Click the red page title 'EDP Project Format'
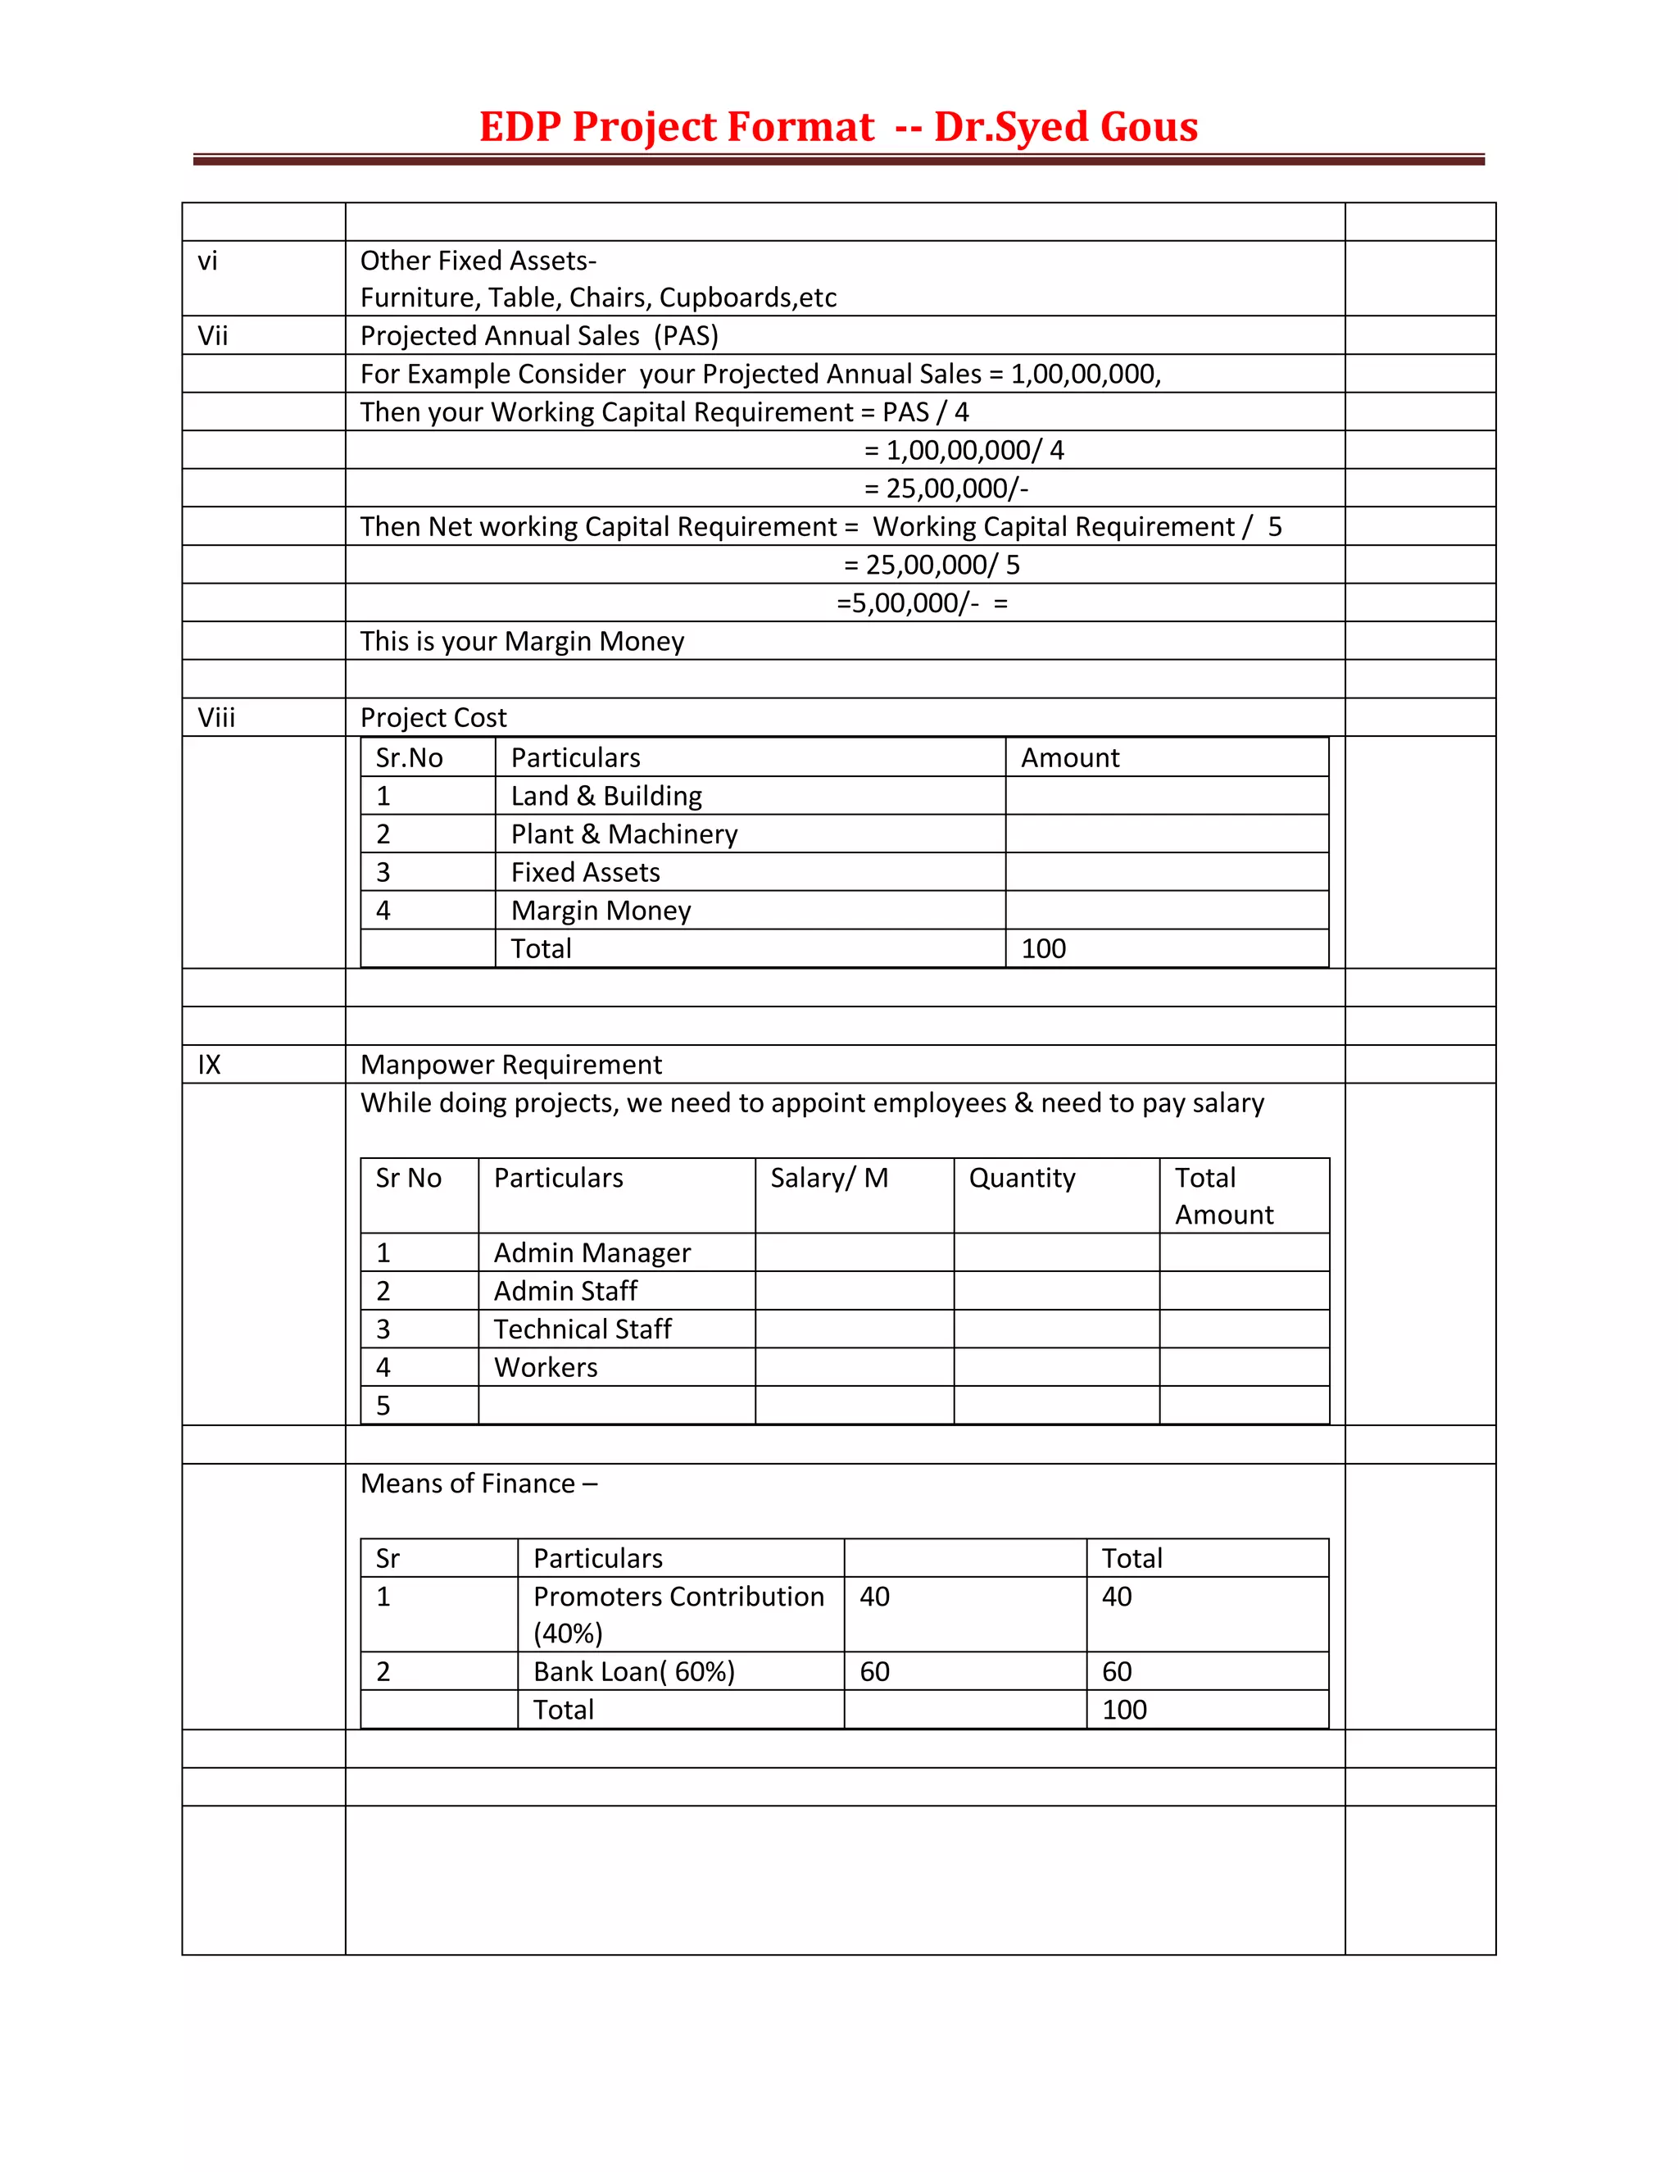[676, 127]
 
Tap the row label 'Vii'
[213, 336]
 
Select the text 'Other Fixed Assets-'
[478, 261]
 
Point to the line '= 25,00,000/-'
[946, 488]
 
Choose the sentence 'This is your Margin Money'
[522, 642]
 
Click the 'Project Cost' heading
[433, 718]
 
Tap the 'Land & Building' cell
[606, 796]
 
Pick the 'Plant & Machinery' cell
[624, 834]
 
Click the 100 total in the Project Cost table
[1044, 949]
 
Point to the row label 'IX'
[209, 1066]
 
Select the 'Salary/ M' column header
[829, 1179]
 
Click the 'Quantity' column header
[1022, 1179]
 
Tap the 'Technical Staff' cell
[583, 1329]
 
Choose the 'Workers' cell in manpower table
[546, 1367]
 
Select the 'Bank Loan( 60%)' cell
[634, 1672]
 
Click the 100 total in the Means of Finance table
[1124, 1710]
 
